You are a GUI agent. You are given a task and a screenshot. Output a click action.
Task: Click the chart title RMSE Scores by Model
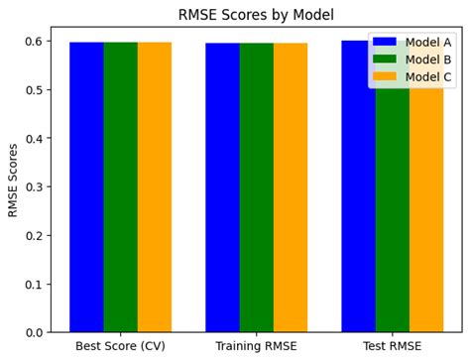tap(255, 15)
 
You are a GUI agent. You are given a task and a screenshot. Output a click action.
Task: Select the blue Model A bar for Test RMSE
tap(358, 198)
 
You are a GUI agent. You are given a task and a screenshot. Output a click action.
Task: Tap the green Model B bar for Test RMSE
tap(392, 198)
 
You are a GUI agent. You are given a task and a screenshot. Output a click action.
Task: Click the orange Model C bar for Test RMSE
tap(425, 198)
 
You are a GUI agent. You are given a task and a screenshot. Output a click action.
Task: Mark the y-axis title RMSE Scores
tap(13, 180)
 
